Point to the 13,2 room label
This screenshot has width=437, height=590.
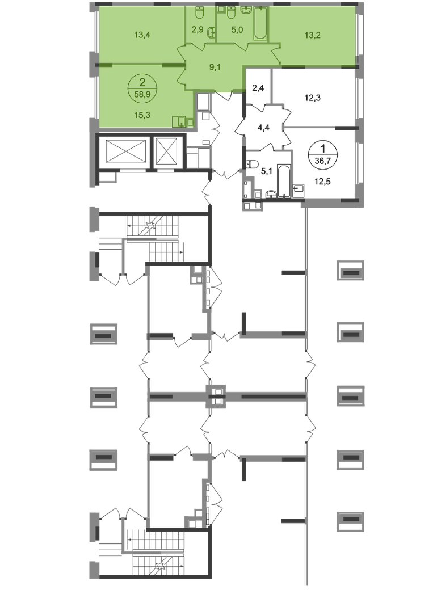tap(312, 35)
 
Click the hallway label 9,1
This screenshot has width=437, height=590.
tap(215, 68)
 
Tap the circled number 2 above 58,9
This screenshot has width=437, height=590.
tap(135, 81)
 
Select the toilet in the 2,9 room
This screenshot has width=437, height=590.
tap(200, 12)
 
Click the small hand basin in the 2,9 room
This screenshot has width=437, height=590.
tap(211, 32)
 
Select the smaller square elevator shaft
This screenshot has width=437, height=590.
tap(168, 151)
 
